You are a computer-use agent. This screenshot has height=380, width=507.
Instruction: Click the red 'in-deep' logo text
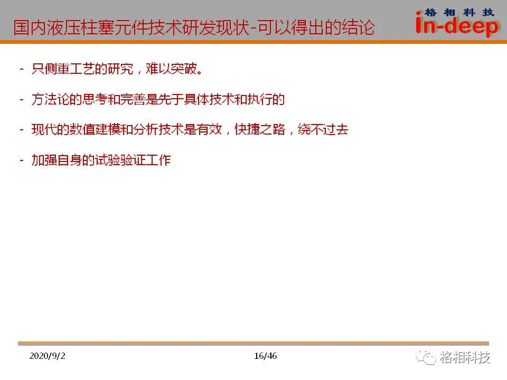(x=457, y=25)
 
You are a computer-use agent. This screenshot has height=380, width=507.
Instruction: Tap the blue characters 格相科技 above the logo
(x=459, y=13)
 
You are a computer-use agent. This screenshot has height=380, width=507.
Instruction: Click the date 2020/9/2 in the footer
(x=47, y=356)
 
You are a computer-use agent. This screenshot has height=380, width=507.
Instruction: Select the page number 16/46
(x=265, y=356)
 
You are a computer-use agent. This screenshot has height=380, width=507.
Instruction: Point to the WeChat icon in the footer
(x=426, y=358)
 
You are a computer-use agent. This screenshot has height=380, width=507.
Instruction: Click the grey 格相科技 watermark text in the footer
(x=465, y=357)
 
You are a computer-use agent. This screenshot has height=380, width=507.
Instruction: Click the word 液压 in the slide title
(x=63, y=27)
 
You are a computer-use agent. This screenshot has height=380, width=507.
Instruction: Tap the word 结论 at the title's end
(x=358, y=27)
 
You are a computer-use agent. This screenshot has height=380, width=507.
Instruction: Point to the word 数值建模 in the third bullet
(x=95, y=130)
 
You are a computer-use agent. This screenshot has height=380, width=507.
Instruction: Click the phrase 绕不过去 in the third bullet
(x=323, y=130)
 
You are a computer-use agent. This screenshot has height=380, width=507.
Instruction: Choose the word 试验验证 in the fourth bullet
(x=120, y=160)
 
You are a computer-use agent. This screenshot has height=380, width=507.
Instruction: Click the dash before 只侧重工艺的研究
(x=22, y=69)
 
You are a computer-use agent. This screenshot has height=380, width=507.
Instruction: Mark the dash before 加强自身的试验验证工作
(x=22, y=160)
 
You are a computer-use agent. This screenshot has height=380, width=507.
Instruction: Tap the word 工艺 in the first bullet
(x=82, y=69)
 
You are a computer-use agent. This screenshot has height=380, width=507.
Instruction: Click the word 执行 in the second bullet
(x=260, y=99)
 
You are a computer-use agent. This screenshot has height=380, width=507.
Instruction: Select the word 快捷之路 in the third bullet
(x=260, y=130)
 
